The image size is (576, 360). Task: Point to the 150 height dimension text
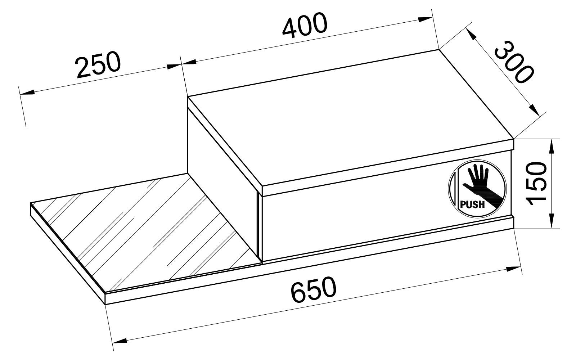coord(536,183)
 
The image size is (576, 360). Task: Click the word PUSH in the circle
coord(473,205)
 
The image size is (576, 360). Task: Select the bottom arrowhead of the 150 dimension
coord(551,221)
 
